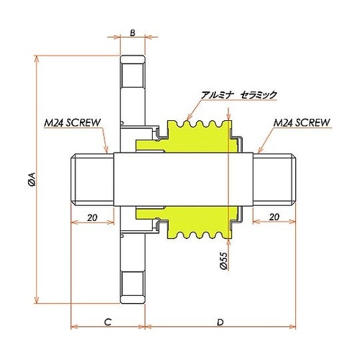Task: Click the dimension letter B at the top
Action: coord(132,32)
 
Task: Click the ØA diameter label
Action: coord(32,179)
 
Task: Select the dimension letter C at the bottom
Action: coord(108,322)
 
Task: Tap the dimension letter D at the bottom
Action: coord(220,323)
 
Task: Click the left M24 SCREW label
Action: coord(72,123)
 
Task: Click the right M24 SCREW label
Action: coord(302,123)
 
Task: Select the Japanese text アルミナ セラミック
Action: coord(239,95)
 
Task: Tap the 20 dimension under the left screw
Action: coord(92,217)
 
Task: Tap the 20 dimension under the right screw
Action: coord(274,217)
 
